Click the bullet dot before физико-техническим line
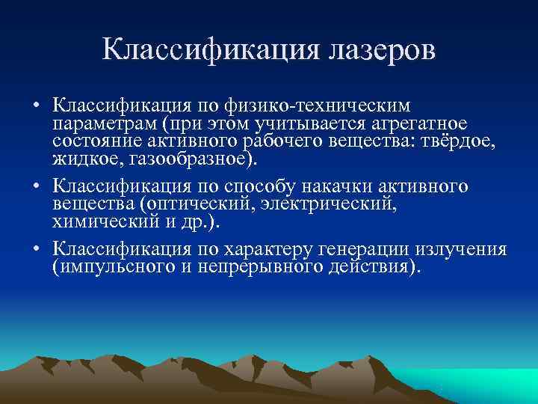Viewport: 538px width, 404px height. coord(36,105)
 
